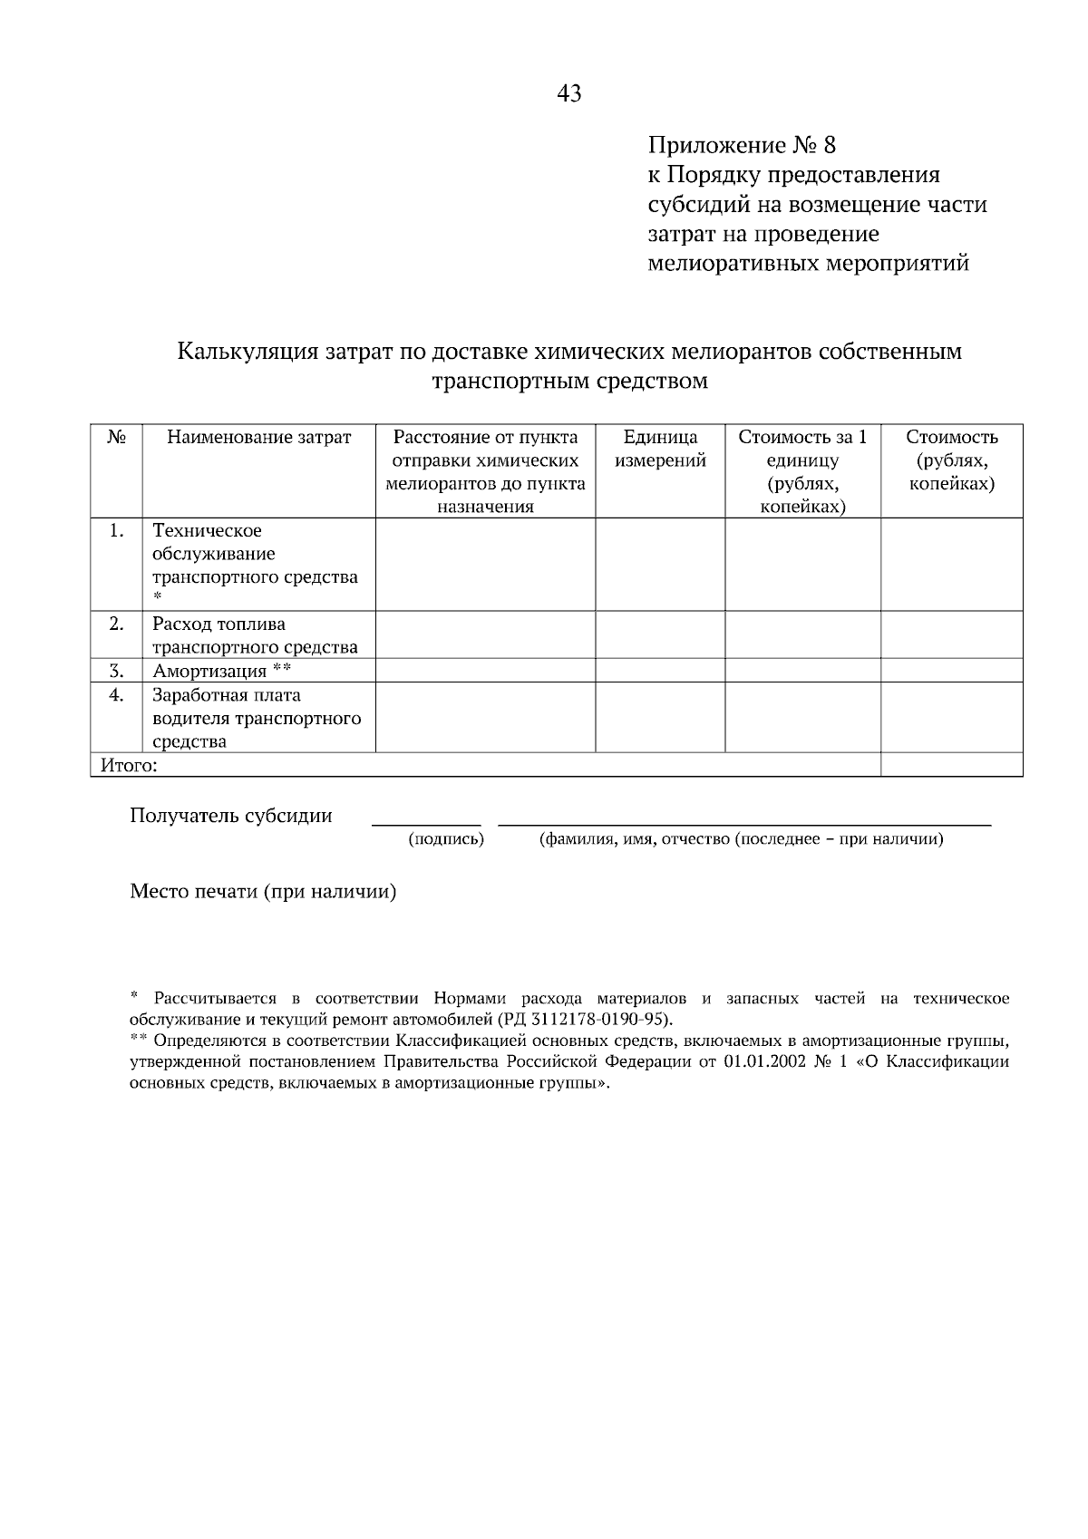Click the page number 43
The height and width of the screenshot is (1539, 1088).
click(569, 93)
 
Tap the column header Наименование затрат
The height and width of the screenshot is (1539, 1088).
click(258, 438)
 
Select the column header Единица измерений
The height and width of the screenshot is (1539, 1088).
click(660, 449)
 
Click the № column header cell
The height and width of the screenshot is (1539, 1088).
click(116, 438)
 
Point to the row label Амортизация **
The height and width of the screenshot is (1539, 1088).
click(221, 672)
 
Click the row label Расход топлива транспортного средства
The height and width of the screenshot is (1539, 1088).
click(255, 635)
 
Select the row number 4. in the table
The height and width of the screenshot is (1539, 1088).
click(116, 695)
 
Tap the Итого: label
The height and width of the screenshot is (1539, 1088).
click(129, 766)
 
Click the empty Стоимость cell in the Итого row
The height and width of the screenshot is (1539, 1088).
click(951, 766)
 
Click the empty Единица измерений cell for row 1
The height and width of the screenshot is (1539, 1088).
click(660, 564)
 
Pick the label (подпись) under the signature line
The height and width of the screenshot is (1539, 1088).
click(445, 839)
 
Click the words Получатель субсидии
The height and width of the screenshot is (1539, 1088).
click(231, 816)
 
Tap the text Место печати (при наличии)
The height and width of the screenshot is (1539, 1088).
click(263, 892)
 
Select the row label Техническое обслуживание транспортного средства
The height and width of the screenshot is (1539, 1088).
click(255, 554)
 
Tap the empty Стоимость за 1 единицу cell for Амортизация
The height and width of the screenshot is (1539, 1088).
click(802, 671)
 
